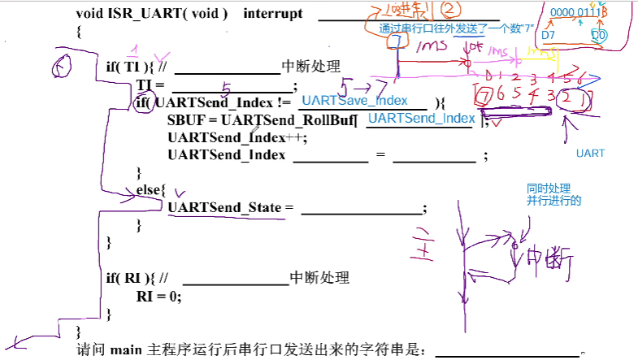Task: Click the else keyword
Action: (150, 190)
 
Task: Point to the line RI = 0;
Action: (159, 296)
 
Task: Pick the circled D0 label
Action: (598, 36)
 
